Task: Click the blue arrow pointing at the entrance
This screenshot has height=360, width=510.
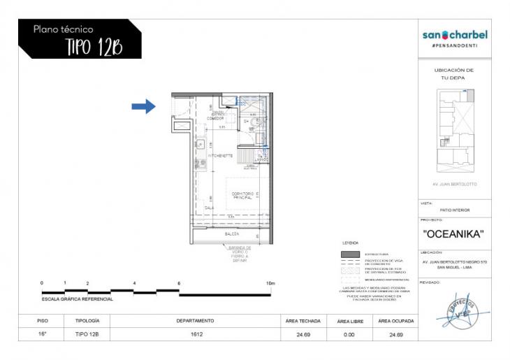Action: tap(143, 106)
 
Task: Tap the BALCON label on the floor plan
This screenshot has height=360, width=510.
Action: tap(232, 234)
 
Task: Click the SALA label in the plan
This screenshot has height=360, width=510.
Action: tap(209, 208)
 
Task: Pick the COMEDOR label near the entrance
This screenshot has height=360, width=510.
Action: tap(216, 117)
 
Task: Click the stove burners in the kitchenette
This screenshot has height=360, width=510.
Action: tap(198, 165)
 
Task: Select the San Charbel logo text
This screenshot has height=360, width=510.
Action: tap(455, 35)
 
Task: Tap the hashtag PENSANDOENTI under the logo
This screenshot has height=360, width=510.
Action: tap(455, 45)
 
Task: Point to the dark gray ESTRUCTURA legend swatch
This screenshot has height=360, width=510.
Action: tap(350, 254)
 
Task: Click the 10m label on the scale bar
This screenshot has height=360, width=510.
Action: tap(270, 283)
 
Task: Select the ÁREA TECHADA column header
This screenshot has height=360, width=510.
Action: tap(303, 321)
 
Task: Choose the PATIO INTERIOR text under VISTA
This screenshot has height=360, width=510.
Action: tap(455, 210)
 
